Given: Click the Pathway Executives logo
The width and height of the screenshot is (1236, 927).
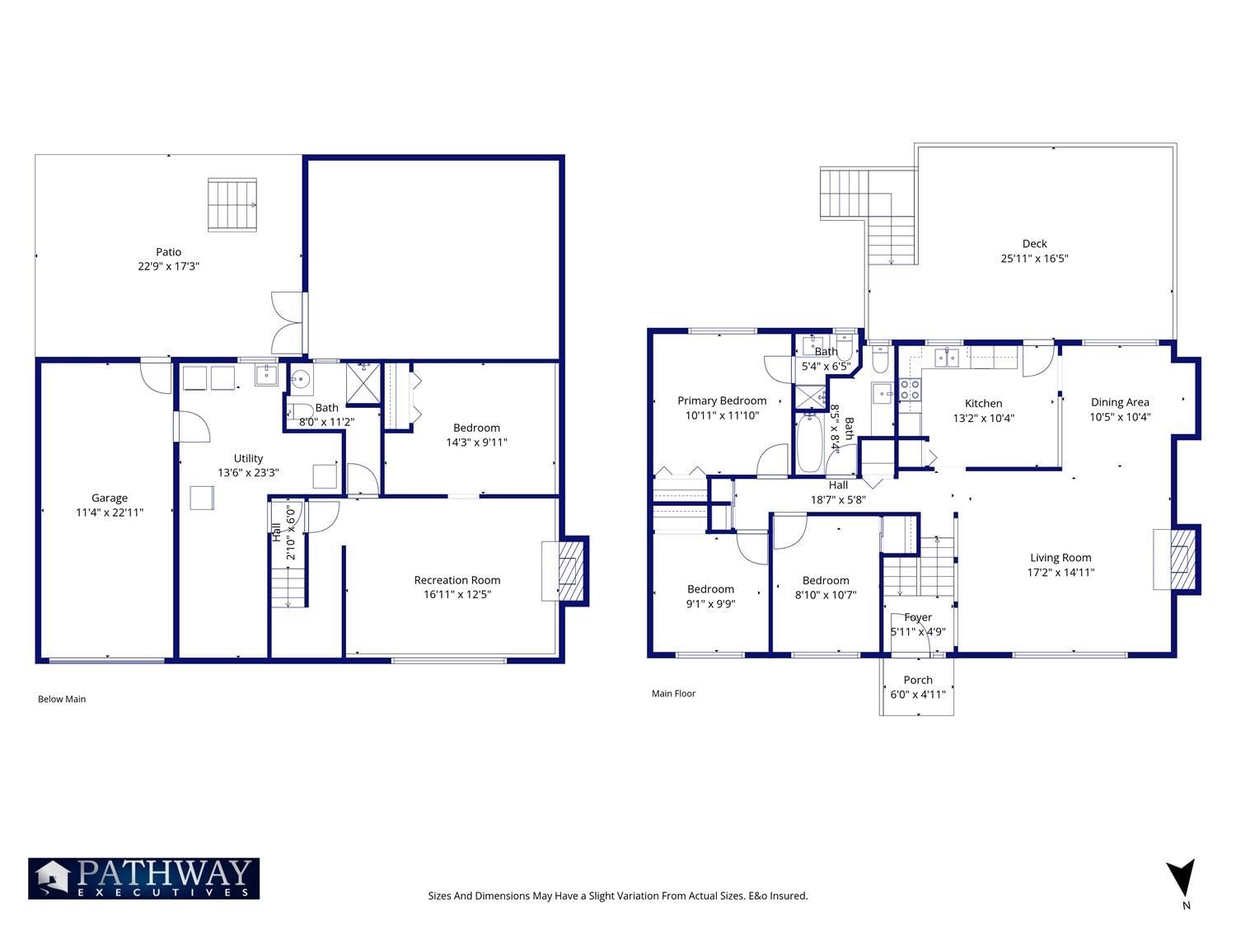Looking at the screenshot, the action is (143, 878).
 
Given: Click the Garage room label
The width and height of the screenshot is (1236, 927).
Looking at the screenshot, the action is (110, 499).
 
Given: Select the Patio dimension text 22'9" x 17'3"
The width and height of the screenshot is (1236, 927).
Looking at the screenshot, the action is (168, 266).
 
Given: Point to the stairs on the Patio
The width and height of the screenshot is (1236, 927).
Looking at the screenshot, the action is (232, 204).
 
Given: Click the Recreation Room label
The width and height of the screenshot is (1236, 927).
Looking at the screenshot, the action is (457, 580).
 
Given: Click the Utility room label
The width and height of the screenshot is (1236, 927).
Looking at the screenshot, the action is (248, 458).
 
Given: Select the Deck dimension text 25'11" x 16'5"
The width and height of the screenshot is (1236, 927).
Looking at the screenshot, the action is (1034, 259).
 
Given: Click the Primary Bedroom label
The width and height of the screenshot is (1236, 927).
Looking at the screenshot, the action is (722, 400).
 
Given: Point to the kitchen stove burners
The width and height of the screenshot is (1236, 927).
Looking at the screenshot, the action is (910, 388).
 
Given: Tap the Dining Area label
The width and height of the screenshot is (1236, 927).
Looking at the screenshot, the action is (1120, 402).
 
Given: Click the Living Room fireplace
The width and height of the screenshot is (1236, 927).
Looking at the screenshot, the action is (1177, 559).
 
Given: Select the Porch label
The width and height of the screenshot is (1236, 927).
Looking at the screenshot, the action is (918, 680).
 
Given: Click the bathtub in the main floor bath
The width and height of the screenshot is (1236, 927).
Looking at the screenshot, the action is (810, 442).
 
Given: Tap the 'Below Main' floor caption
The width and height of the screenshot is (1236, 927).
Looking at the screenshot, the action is (62, 699).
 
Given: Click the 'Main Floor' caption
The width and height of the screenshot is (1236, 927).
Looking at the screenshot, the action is (673, 694).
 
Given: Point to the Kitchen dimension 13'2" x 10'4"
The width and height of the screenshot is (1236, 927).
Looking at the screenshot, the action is (984, 419).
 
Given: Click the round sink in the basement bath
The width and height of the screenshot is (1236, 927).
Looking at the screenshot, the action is (302, 379).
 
